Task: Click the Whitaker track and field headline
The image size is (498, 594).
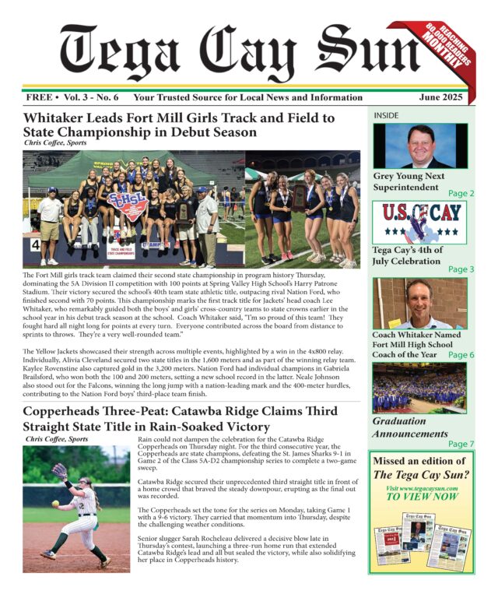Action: [x=179, y=125]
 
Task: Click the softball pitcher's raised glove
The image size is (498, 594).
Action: [x=59, y=471]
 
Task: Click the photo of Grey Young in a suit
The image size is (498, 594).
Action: [x=420, y=145]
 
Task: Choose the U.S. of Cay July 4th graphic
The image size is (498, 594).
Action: [x=420, y=223]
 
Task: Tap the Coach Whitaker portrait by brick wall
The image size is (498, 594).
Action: [x=420, y=304]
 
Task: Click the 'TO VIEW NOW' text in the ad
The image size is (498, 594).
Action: [x=423, y=496]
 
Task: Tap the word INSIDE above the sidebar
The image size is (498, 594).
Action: [x=387, y=115]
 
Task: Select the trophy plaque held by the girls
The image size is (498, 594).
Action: [x=299, y=195]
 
